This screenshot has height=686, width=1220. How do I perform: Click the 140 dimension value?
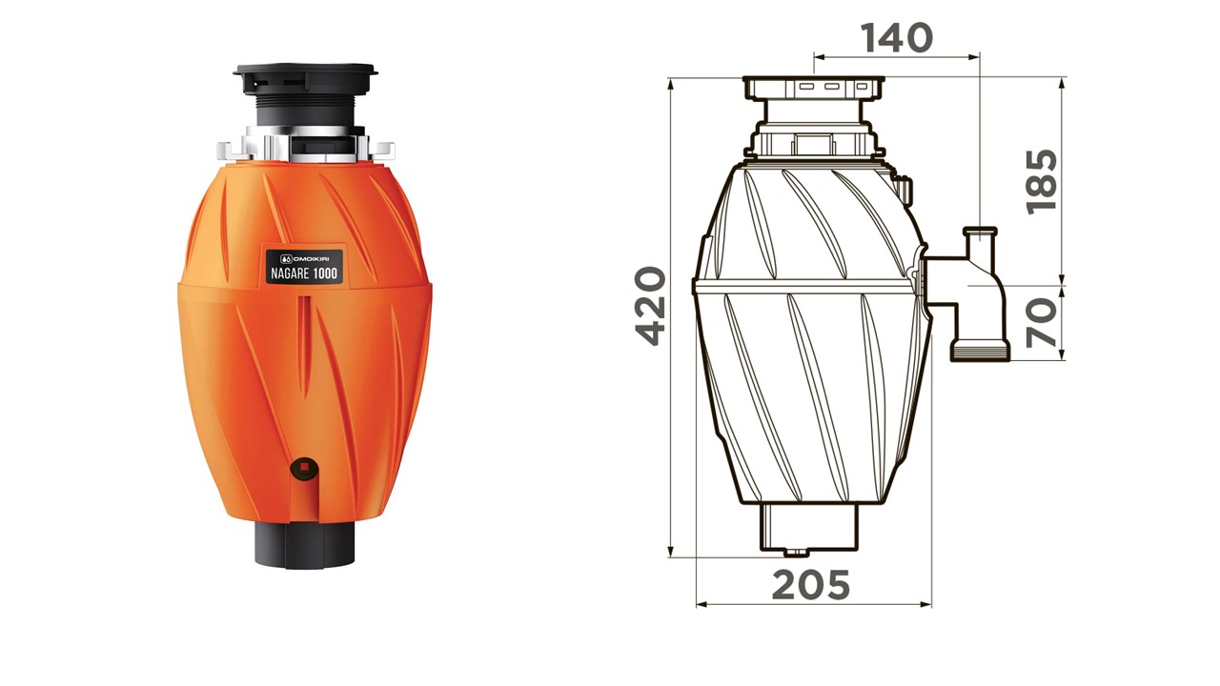(x=897, y=38)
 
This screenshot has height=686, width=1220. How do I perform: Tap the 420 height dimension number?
(x=651, y=306)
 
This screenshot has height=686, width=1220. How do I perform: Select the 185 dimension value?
(x=1042, y=182)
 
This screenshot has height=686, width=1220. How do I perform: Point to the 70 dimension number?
(x=1042, y=323)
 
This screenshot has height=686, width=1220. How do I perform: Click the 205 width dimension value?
(x=811, y=585)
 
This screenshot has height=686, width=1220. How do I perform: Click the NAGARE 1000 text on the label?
(x=304, y=273)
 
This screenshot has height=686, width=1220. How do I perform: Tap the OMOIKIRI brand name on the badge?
(x=308, y=258)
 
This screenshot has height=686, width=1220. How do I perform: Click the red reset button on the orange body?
(x=304, y=466)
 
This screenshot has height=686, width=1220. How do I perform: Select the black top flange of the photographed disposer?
(x=306, y=71)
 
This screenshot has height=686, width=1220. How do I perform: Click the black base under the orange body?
(x=304, y=545)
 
